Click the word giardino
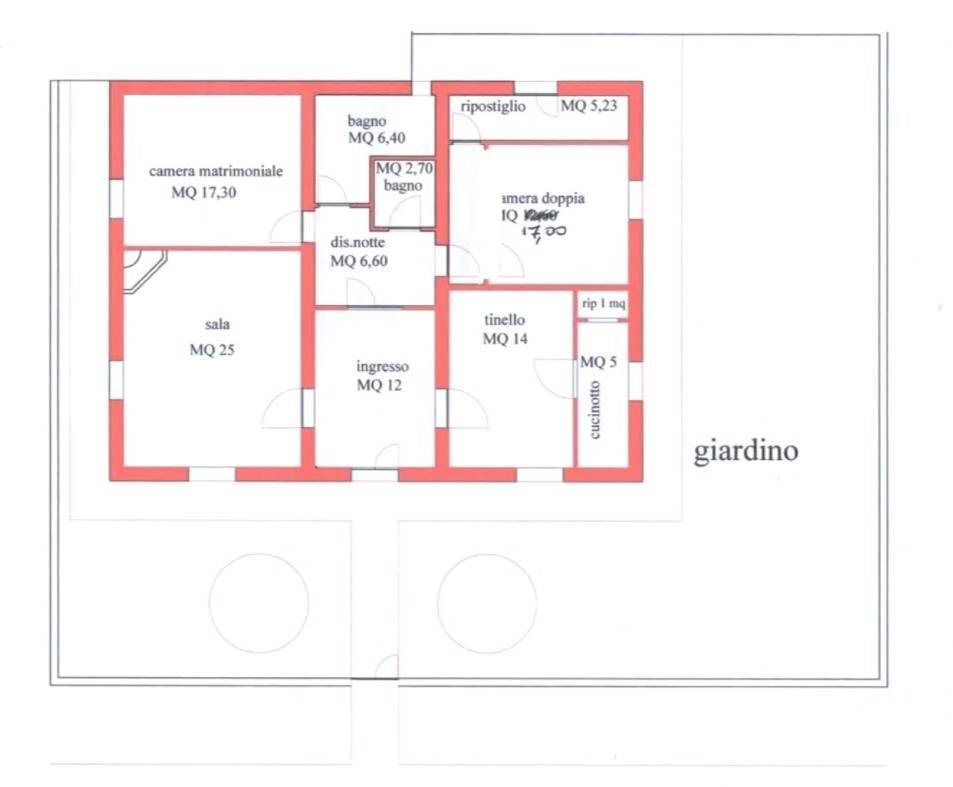tap(746, 451)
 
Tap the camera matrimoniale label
tap(216, 171)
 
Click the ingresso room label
tap(382, 366)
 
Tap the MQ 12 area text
tap(379, 386)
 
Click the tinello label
tap(504, 319)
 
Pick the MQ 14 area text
tap(506, 339)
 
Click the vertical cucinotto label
tap(595, 410)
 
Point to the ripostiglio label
tap(493, 106)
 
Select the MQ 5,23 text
tap(589, 106)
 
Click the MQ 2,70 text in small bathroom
tap(402, 169)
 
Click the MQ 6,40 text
tap(376, 138)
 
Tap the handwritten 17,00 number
tap(546, 233)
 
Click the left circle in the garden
tap(258, 602)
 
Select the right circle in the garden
tap(487, 602)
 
